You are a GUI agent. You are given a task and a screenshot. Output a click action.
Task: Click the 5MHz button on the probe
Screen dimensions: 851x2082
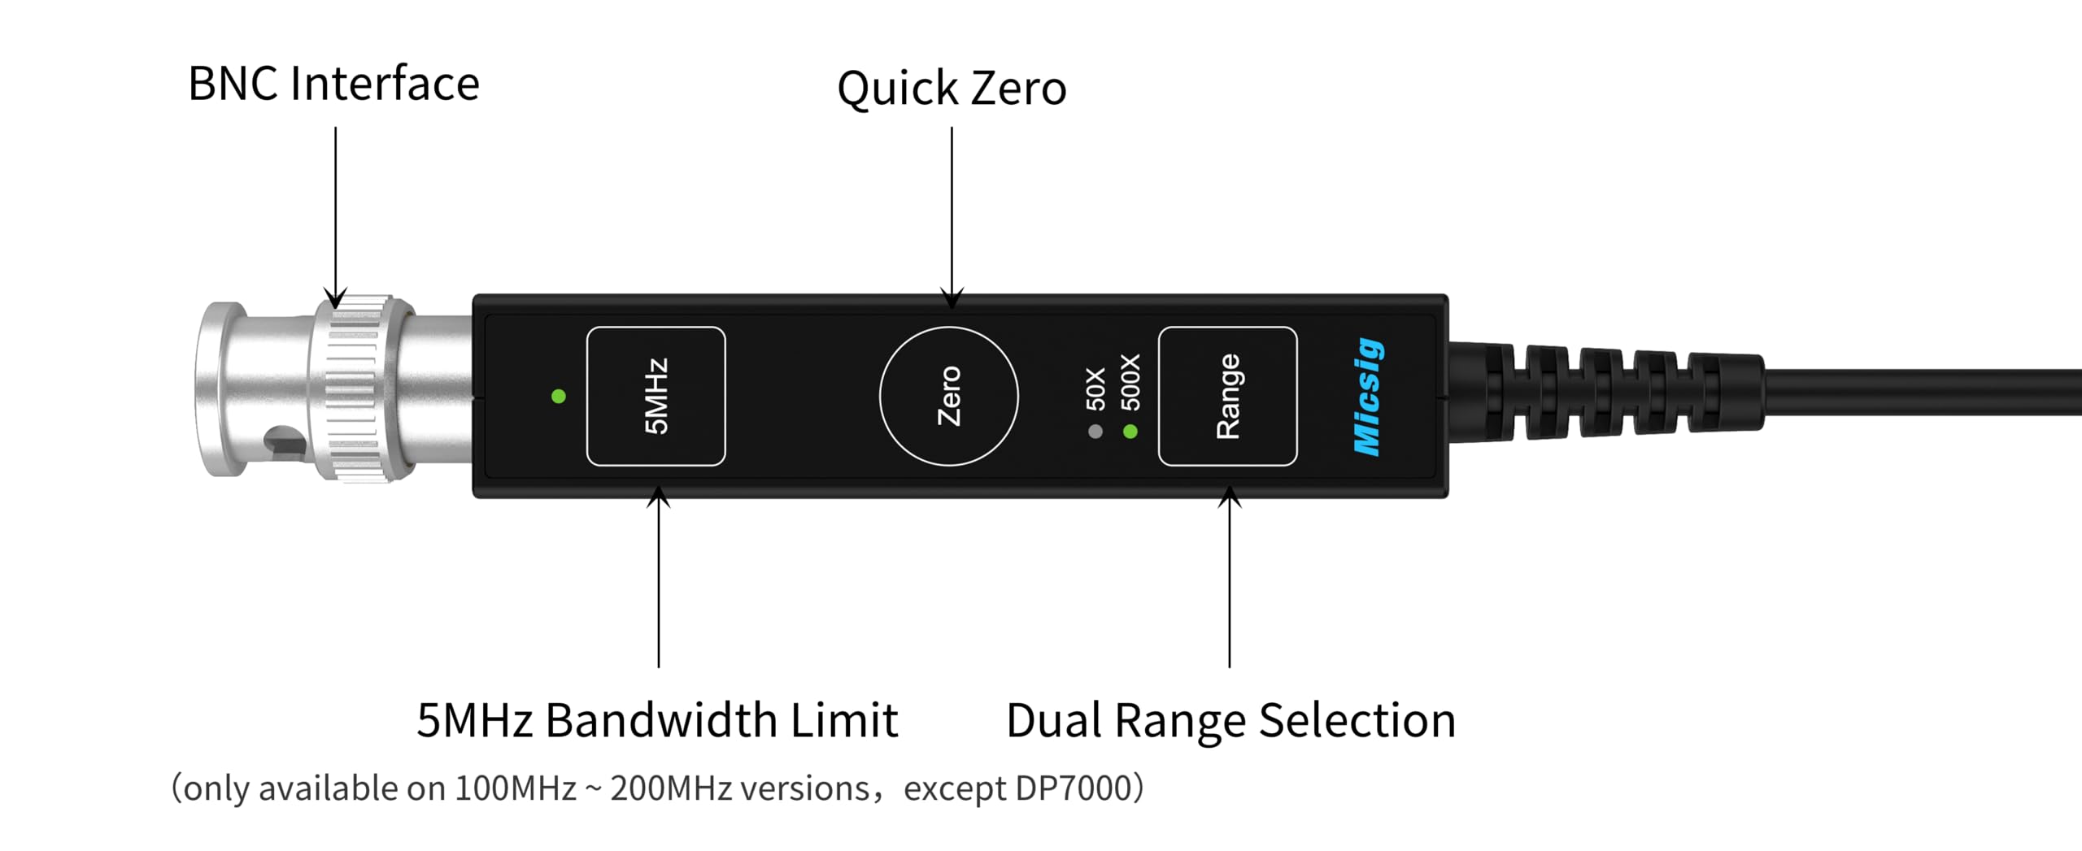tap(656, 397)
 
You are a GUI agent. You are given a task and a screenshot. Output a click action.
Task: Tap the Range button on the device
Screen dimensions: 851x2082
tap(1227, 397)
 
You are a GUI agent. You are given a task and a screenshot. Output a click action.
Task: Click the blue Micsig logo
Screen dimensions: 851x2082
tap(1368, 397)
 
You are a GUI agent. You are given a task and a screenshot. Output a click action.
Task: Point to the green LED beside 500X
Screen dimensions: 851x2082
tap(1130, 432)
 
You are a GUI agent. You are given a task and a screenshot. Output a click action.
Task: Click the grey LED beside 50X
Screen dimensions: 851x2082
tap(1095, 432)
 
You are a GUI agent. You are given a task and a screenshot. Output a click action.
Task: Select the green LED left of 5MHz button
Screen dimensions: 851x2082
tap(559, 397)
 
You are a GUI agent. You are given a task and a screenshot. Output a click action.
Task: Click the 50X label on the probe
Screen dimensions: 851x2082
tap(1095, 389)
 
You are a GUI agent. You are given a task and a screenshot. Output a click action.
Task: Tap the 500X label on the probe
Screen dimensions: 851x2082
tap(1130, 382)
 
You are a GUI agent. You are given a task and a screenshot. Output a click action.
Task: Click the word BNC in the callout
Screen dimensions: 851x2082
tap(233, 85)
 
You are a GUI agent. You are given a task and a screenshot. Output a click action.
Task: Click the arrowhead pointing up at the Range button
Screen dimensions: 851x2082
tap(1230, 495)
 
